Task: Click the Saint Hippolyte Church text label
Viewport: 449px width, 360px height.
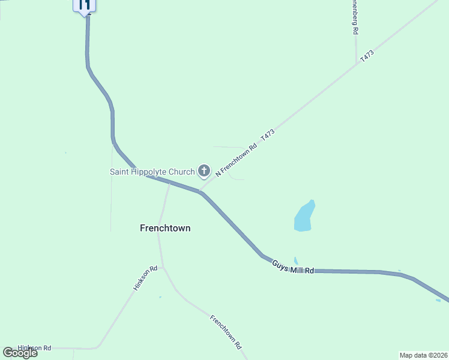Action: [x=152, y=172]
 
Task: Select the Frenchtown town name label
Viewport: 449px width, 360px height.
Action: [x=165, y=228]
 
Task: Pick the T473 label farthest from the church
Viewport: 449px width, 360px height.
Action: [x=367, y=58]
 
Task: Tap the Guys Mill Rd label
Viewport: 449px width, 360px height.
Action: [x=293, y=268]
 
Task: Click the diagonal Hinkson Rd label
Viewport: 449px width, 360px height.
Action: [x=145, y=278]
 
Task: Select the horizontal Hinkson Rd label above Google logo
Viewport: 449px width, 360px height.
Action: [x=35, y=347]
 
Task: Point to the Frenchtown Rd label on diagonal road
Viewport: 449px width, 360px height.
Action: [x=226, y=332]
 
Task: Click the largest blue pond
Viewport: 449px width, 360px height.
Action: [x=304, y=217]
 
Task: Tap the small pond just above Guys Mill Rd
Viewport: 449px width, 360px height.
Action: [x=296, y=261]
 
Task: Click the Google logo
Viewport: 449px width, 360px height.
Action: [x=20, y=353]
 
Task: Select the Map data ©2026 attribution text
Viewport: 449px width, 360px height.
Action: [x=423, y=355]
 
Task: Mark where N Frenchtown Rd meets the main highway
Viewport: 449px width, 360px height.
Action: [x=200, y=191]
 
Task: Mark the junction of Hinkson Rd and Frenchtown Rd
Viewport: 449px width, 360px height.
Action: [x=163, y=267]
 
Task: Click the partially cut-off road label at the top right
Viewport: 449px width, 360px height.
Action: [x=355, y=16]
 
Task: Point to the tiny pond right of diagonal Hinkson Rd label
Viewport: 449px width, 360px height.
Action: [x=160, y=297]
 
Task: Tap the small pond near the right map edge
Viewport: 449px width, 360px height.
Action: [x=438, y=301]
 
